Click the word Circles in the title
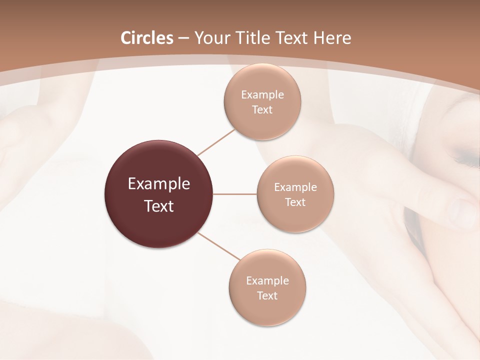coord(147,38)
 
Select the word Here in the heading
coord(332,38)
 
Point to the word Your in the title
coord(211,38)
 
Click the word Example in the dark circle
coord(159,184)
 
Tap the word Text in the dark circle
coord(159,206)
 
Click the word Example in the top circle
coord(262,95)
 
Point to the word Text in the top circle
coord(262,110)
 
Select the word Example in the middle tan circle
coord(295,187)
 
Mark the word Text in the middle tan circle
coord(295,202)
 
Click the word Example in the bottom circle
coord(267,281)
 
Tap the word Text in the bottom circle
coord(267,296)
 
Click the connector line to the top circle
coord(216,142)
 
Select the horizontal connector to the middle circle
coord(235,194)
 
